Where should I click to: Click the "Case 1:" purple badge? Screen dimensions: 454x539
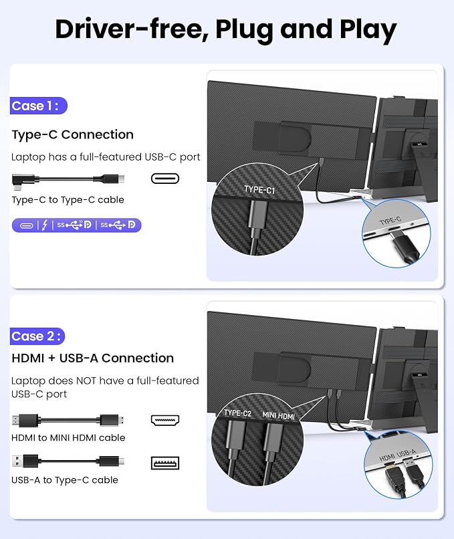[39, 106]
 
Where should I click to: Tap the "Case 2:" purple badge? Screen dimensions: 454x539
[37, 336]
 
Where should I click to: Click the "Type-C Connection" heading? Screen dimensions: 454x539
[72, 135]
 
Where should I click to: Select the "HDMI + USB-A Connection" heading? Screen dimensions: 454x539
[93, 358]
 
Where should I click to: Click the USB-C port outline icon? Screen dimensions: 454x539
[165, 179]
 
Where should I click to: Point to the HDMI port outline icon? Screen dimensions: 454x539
[165, 420]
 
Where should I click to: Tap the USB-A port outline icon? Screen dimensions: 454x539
[165, 463]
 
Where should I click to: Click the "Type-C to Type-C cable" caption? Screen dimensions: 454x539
[68, 200]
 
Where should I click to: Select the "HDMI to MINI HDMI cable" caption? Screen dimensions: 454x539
[68, 437]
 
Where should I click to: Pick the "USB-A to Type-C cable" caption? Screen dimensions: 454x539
[65, 480]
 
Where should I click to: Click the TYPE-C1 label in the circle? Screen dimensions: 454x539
[259, 190]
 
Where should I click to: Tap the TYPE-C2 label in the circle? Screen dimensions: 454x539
[237, 413]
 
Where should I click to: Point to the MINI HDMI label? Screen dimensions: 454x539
[278, 415]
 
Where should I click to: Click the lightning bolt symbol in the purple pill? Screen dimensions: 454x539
[45, 225]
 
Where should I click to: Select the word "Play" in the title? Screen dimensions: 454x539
[368, 30]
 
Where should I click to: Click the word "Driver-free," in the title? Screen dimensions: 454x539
[132, 29]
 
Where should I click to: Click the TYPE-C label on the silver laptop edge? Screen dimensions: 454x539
[390, 221]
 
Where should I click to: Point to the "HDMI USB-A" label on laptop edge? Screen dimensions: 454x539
[398, 455]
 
